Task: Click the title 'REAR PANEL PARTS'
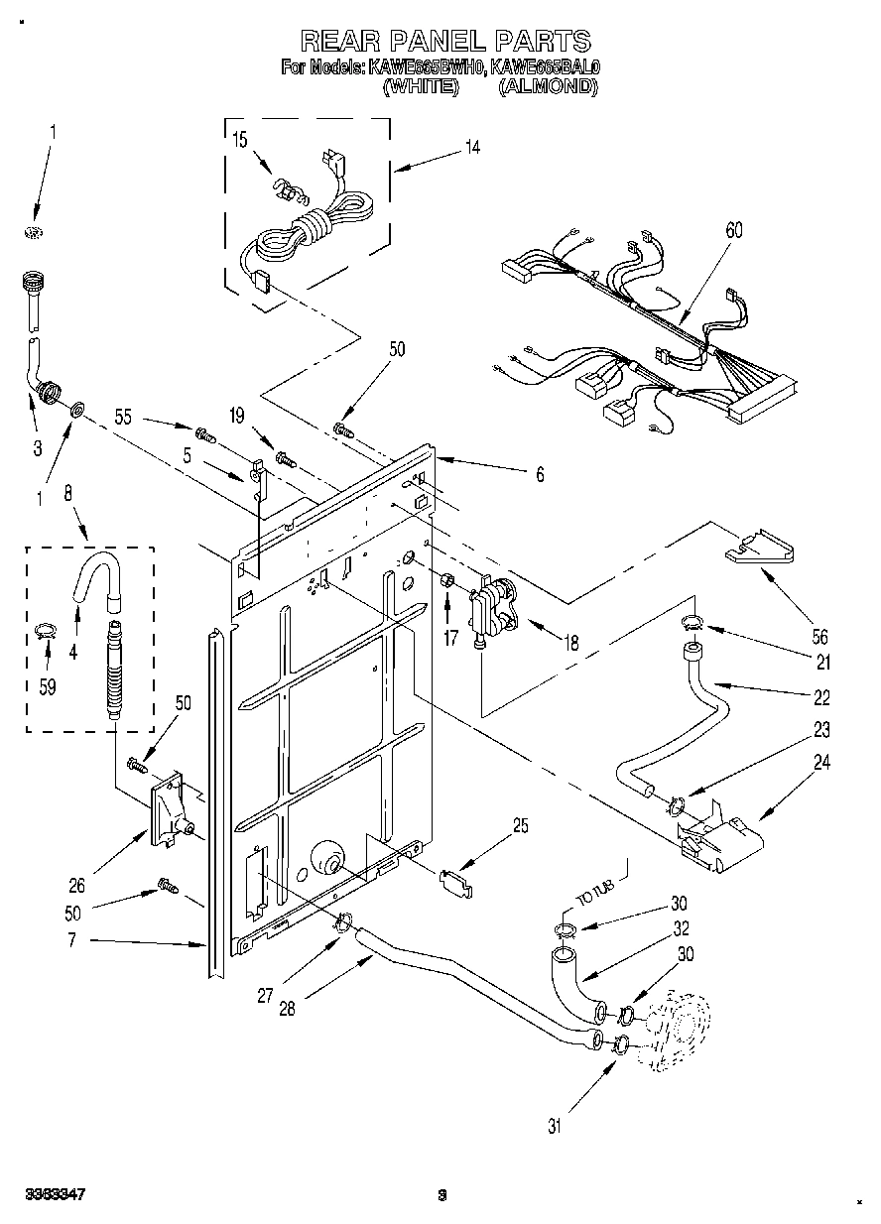[x=445, y=41]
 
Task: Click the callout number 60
[x=733, y=231]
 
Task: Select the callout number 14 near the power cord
[x=472, y=148]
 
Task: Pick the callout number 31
[x=555, y=1126]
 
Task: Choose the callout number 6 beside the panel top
[x=540, y=475]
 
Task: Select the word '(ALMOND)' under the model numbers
[x=548, y=87]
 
